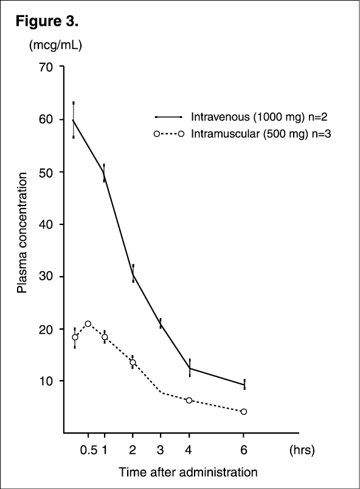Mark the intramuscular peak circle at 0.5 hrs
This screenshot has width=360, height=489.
[88, 324]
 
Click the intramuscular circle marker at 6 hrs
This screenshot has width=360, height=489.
[244, 412]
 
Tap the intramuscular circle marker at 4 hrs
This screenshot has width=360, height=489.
[189, 400]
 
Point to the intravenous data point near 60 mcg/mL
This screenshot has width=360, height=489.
[74, 120]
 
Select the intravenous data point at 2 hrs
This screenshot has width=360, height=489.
[133, 274]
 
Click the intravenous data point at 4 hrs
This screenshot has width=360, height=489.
[189, 368]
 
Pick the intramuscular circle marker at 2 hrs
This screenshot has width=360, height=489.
[133, 362]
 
